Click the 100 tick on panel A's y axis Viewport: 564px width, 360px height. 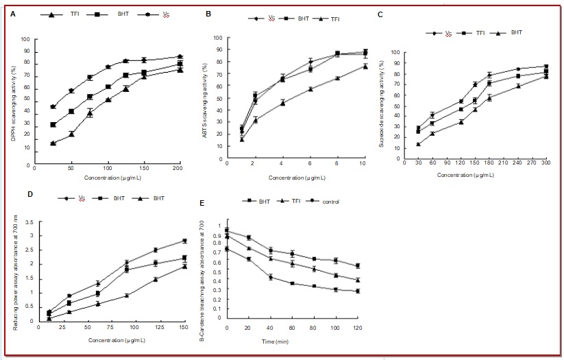tap(26, 39)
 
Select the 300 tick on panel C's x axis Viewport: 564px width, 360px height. tap(546, 163)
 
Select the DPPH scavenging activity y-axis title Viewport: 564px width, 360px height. tap(13, 103)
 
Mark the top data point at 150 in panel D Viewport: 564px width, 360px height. tap(184, 241)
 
